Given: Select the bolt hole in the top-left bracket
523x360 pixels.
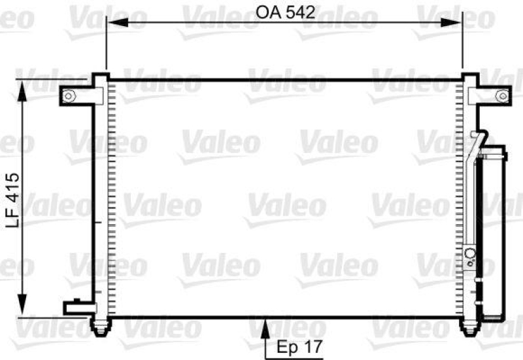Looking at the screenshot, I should [68, 96].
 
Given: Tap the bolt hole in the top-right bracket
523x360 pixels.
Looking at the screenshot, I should [501, 96].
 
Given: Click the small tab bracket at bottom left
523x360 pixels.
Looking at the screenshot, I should [74, 306].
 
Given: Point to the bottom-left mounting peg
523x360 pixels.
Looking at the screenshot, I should [99, 326].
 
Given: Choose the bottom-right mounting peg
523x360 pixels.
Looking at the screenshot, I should [469, 326].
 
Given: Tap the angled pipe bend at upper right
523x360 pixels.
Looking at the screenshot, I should [479, 139].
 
